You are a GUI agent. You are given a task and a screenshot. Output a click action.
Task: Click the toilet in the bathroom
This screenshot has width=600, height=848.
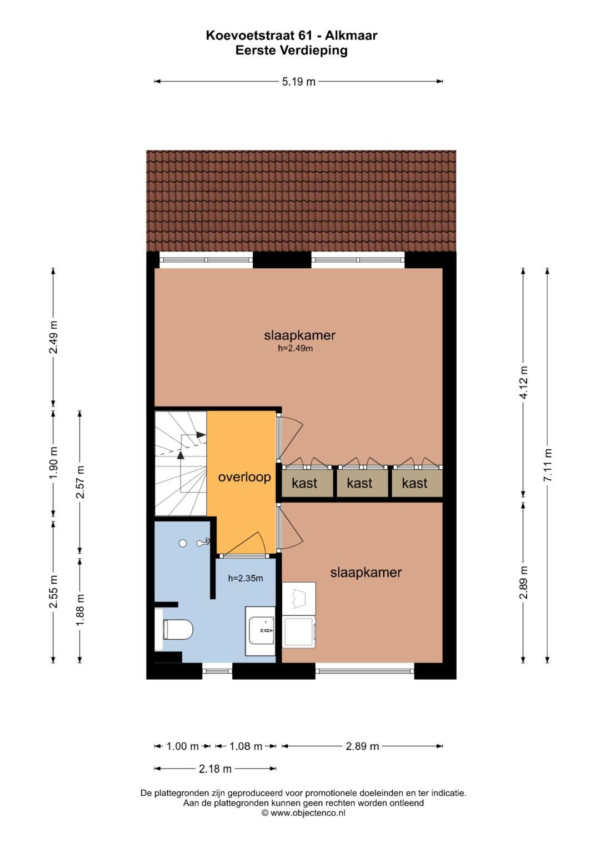coord(178,630)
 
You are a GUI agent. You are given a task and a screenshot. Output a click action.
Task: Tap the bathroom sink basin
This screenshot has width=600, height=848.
coord(261,631)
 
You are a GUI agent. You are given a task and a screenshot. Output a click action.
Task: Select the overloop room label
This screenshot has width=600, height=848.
coord(244,477)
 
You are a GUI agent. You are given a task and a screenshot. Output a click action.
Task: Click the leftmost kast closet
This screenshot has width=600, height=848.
coord(305,483)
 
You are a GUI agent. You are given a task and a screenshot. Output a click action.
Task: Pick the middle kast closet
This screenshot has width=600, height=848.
coord(359,483)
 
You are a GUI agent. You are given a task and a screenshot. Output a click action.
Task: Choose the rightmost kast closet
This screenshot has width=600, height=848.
coord(414,483)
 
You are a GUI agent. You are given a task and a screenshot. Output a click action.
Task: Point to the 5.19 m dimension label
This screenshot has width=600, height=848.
coord(298,82)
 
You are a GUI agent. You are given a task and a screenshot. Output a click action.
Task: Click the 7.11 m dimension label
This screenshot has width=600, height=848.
coord(548,465)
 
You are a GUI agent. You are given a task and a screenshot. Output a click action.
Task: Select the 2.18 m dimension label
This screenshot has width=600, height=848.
coord(215,769)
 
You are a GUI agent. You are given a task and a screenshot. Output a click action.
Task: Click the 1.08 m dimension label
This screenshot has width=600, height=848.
coord(246,746)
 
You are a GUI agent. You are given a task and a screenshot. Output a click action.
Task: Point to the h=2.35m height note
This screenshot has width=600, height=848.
coord(246,578)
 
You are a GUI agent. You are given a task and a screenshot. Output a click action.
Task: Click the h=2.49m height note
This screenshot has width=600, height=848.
coord(296,349)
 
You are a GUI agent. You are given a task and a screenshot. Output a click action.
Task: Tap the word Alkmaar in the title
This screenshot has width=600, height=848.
coord(351,36)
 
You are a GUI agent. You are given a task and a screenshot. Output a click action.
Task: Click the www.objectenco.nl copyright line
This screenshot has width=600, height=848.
coord(303,813)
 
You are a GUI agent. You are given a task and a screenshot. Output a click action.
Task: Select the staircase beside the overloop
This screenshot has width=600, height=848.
coord(180,464)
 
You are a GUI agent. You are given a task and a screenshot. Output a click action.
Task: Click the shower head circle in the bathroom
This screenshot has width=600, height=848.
coord(183,544)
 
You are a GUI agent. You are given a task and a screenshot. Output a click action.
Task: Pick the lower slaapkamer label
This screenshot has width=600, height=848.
coord(366,573)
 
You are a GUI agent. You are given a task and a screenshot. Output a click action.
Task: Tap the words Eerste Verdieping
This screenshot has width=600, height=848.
coord(291,51)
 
